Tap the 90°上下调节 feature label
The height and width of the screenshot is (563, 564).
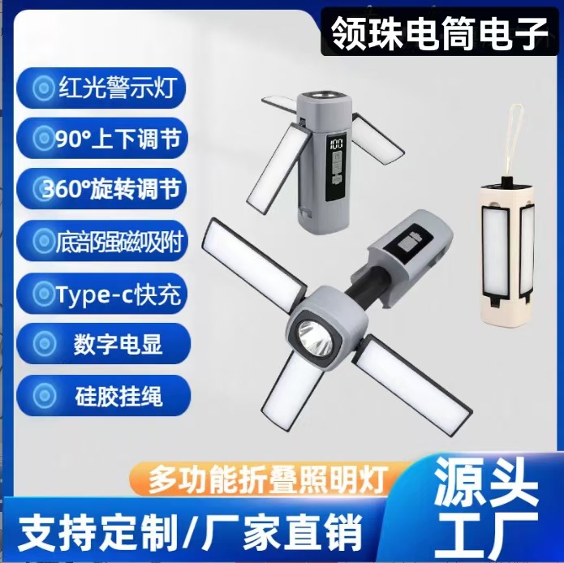pyautogui.click(x=109, y=139)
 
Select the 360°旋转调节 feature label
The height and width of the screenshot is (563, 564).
pyautogui.click(x=109, y=189)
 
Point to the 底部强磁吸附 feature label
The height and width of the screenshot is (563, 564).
pyautogui.click(x=109, y=240)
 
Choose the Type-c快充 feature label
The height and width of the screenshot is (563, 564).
pyautogui.click(x=109, y=293)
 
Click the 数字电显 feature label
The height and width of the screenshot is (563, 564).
pyautogui.click(x=109, y=344)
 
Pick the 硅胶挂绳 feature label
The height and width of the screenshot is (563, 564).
pyautogui.click(x=109, y=396)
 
